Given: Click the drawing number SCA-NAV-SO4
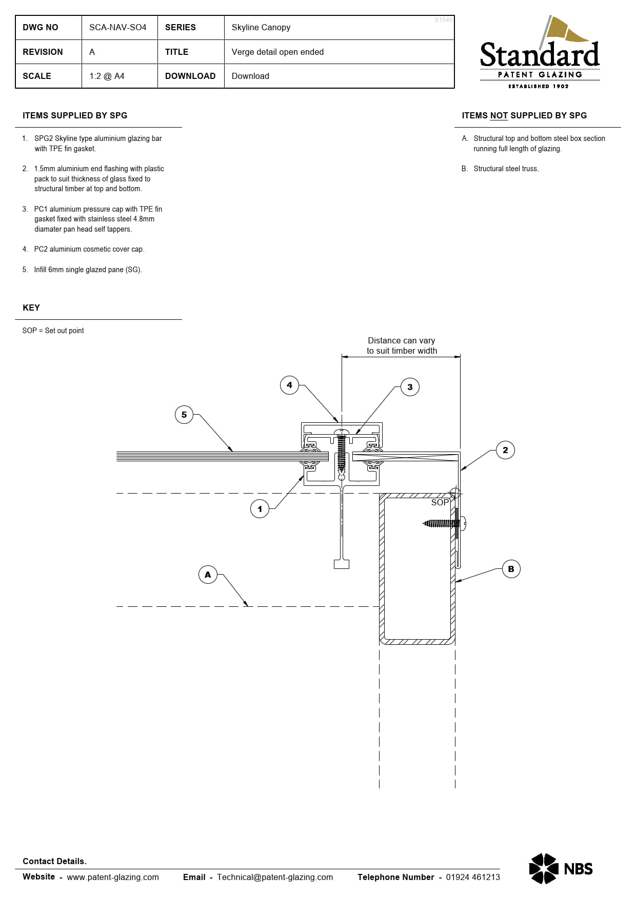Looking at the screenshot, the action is (x=117, y=27).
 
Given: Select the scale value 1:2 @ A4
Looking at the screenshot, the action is (x=107, y=76).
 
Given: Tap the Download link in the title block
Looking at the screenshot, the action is (x=250, y=76).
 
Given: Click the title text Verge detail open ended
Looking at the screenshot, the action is (x=277, y=52).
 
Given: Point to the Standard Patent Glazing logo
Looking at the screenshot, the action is (x=540, y=52).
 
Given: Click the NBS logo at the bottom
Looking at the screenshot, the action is (x=561, y=868).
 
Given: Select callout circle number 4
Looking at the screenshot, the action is (x=289, y=385).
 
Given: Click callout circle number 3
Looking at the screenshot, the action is (x=410, y=387).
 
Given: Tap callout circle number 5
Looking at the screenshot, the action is (x=184, y=415).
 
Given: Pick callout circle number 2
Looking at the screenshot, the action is (x=505, y=450).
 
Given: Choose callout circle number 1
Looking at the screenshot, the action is (x=260, y=509).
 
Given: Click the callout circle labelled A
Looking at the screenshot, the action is (x=208, y=575).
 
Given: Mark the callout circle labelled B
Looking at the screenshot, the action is (x=511, y=569).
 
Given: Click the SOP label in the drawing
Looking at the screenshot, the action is (x=440, y=503).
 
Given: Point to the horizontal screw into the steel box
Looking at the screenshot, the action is (x=444, y=523).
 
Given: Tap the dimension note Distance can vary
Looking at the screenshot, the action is (x=401, y=340).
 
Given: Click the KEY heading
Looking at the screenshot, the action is (x=31, y=308).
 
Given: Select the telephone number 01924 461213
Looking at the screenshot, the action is (x=473, y=877).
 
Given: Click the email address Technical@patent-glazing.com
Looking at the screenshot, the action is (x=275, y=877).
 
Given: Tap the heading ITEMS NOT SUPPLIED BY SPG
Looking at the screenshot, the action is (x=524, y=115).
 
